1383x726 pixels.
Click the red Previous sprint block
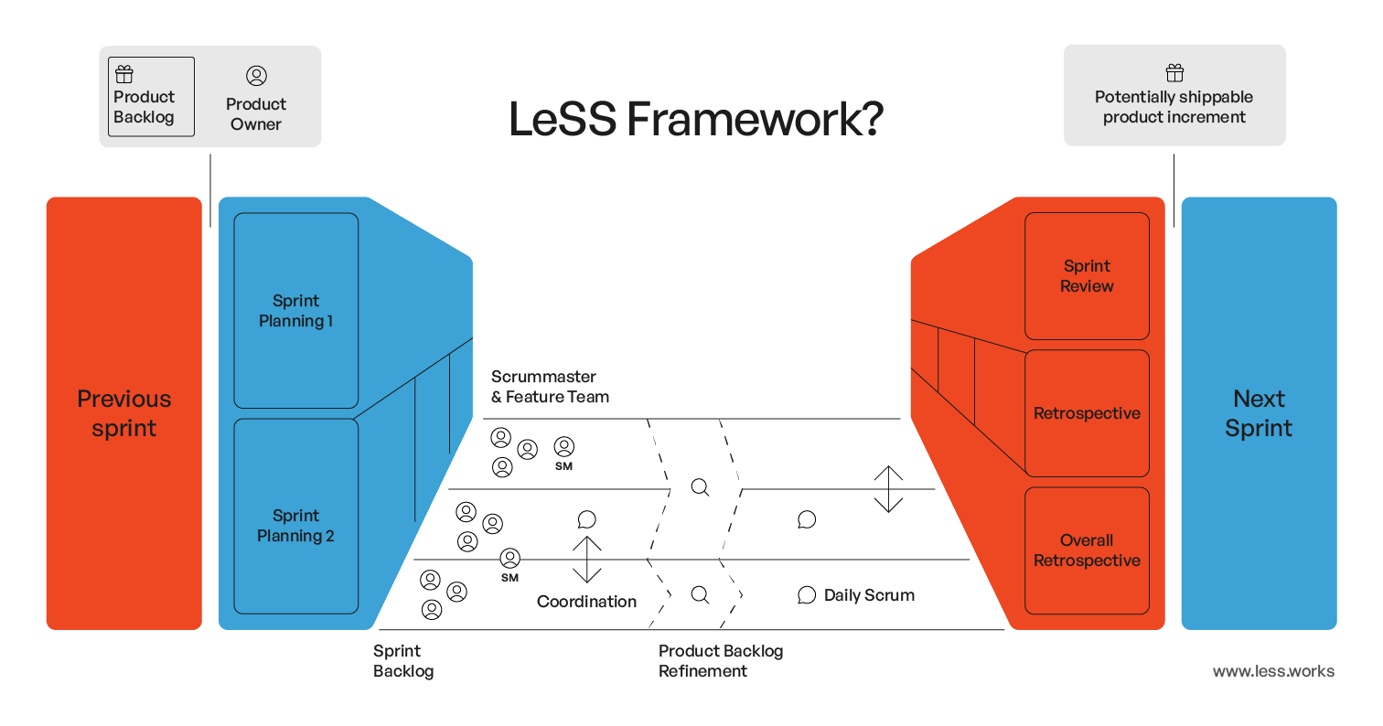point(123,413)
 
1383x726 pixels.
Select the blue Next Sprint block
point(1259,413)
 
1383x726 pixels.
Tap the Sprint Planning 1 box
point(295,311)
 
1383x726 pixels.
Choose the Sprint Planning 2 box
point(295,526)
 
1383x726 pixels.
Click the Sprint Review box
point(1087,276)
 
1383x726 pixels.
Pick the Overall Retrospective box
point(1087,550)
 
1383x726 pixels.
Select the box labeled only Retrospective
point(1087,413)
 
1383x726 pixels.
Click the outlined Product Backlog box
point(151,97)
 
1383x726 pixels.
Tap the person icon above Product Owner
point(256,76)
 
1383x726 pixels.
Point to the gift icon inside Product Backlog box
point(124,75)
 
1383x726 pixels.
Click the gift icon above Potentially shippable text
point(1174,73)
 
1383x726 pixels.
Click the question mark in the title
point(868,120)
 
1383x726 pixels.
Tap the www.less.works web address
point(1273,671)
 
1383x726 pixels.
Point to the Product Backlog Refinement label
point(721,661)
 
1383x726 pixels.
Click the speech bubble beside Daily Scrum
point(806,595)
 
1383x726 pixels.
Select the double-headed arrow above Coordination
point(586,560)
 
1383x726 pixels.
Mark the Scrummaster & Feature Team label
point(550,387)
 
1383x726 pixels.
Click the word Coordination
point(586,602)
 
